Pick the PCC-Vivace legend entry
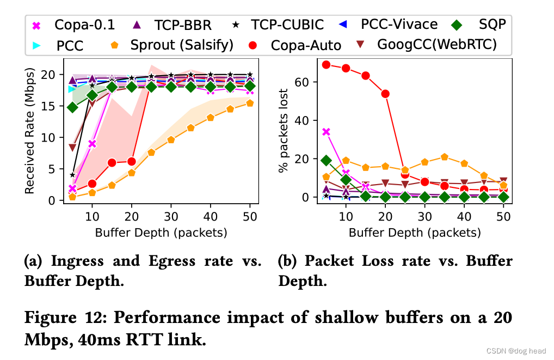tap(392, 25)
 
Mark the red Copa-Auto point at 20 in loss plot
tap(385, 94)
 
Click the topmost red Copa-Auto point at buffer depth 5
tap(326, 65)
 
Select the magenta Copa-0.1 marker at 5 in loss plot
tap(326, 132)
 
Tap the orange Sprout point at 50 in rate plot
tap(249, 103)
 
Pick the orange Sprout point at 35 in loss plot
tap(445, 157)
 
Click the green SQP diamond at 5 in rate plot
tap(72, 107)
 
